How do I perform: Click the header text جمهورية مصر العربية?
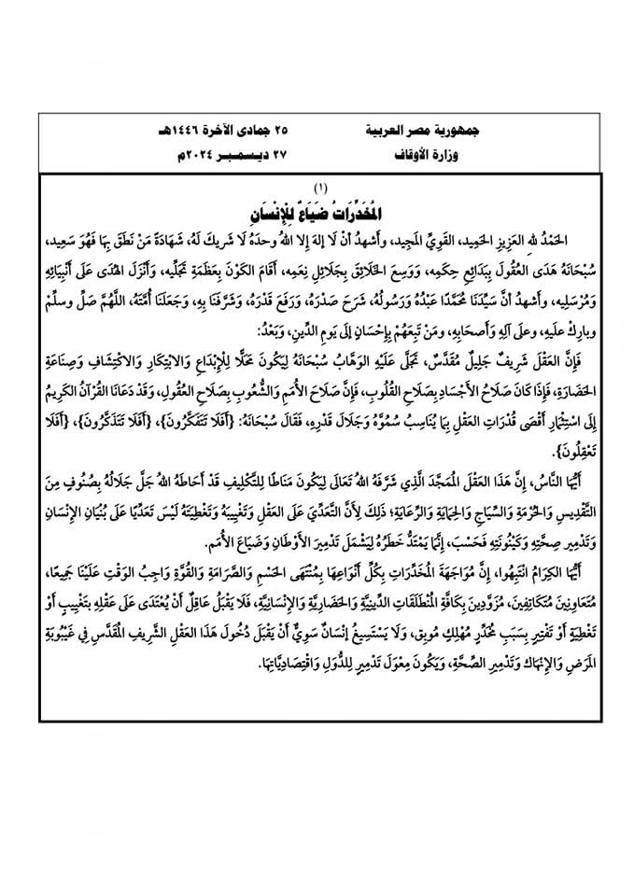[409, 132]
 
